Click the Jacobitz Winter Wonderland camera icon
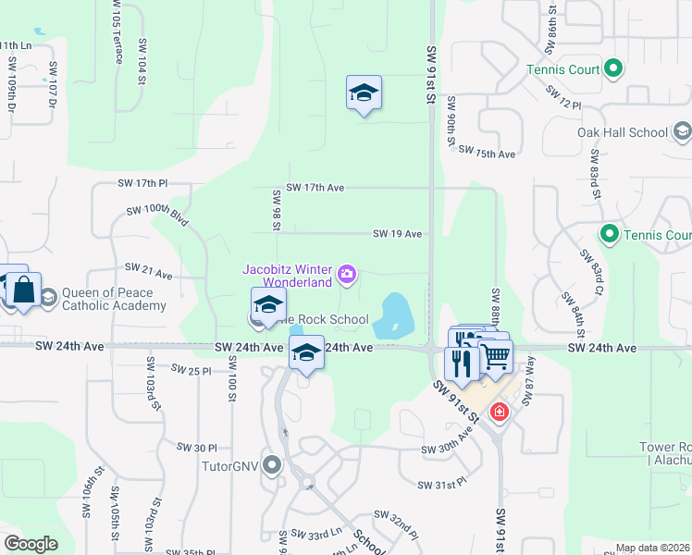[347, 273]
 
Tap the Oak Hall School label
[622, 132]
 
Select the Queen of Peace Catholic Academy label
[114, 299]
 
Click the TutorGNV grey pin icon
[271, 464]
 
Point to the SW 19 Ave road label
[398, 234]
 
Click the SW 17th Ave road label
[315, 188]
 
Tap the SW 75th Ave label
[487, 153]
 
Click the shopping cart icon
[496, 354]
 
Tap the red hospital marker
[500, 411]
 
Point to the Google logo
[31, 544]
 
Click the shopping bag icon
[24, 290]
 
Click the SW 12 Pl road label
[563, 99]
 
